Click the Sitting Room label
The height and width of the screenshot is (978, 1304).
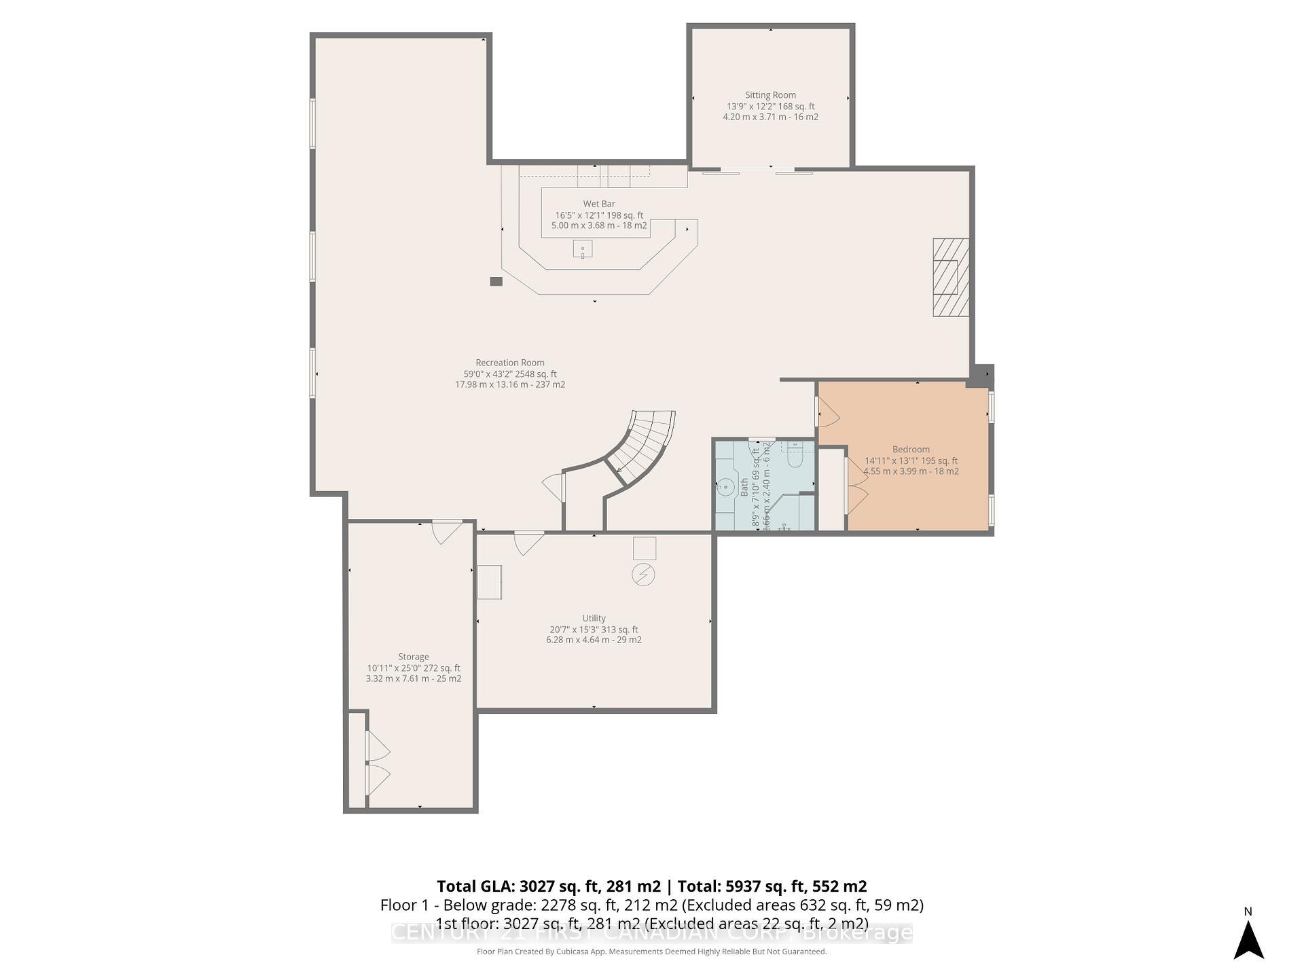(x=770, y=96)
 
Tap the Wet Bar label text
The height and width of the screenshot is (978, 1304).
(x=599, y=204)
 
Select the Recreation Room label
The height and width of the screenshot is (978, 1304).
(x=509, y=363)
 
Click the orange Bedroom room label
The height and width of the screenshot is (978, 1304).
(x=911, y=450)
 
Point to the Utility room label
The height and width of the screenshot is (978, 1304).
(x=594, y=618)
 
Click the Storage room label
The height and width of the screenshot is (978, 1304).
(x=413, y=657)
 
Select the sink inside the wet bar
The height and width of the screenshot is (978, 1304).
(x=582, y=249)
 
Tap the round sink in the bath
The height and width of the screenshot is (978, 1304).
(x=726, y=487)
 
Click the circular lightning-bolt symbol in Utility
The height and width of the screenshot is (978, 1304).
(x=643, y=575)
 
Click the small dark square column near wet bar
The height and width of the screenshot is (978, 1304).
(x=496, y=281)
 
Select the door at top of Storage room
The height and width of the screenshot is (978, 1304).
(x=447, y=530)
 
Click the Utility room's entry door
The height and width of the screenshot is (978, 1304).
(x=528, y=541)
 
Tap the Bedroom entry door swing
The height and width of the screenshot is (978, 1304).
(x=827, y=413)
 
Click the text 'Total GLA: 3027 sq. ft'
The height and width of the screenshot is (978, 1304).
(x=547, y=886)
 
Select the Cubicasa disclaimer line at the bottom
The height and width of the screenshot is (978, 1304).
(x=651, y=952)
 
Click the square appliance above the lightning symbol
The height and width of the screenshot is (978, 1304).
(x=645, y=548)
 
